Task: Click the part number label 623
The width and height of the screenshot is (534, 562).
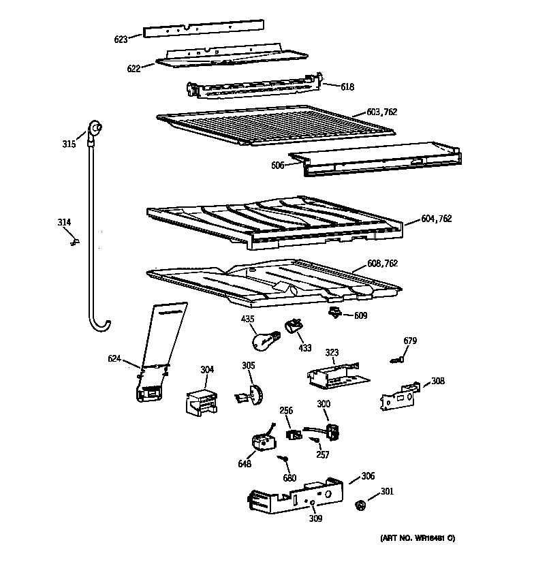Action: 121,40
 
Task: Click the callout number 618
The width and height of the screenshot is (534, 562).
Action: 347,87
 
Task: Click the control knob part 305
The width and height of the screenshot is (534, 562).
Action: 249,394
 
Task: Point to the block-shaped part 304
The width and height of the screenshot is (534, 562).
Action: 198,400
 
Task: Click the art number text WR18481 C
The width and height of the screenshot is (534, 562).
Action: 418,539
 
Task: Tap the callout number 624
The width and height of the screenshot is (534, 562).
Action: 114,358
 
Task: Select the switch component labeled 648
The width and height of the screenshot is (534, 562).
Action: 261,443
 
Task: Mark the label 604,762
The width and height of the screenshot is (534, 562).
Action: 436,219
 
